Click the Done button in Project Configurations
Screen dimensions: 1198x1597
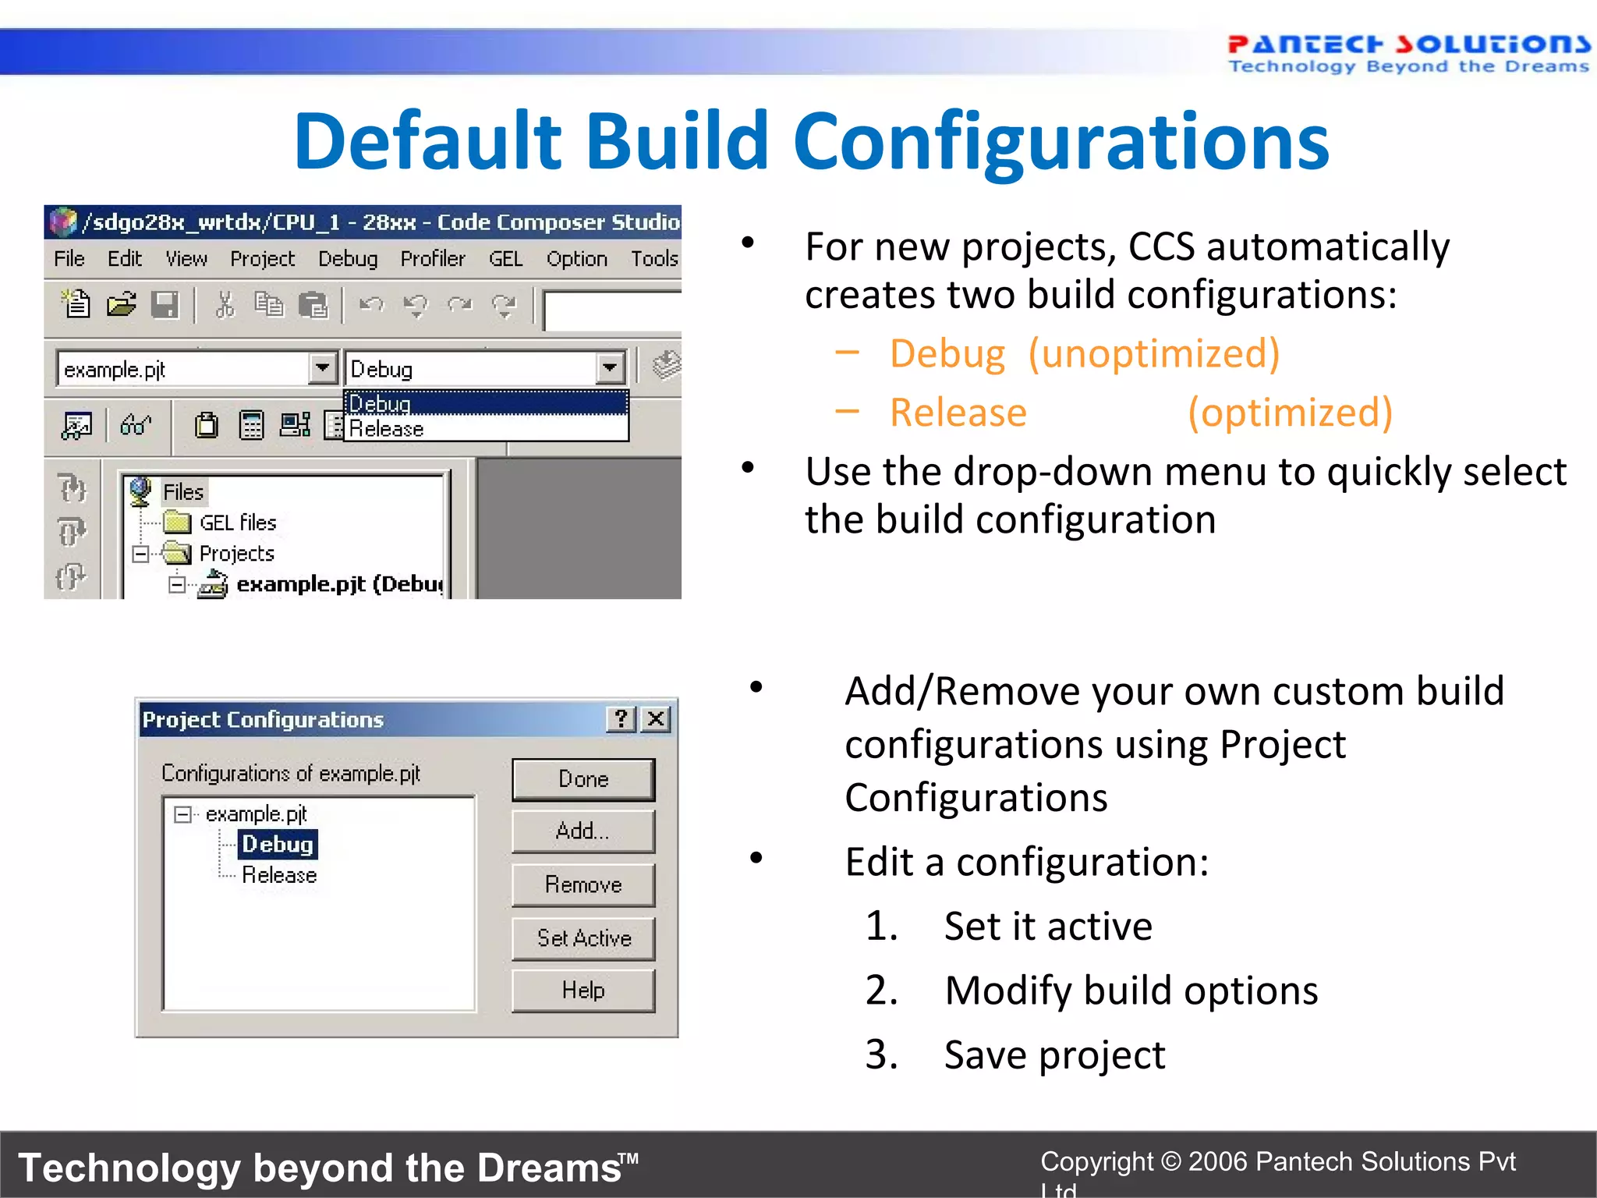(583, 779)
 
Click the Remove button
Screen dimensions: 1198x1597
(583, 884)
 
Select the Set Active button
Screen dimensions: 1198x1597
(583, 937)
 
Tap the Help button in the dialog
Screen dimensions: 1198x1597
(583, 991)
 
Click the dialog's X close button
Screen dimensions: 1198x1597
(657, 718)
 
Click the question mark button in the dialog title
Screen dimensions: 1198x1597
(621, 718)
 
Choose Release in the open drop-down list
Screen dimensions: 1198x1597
(387, 429)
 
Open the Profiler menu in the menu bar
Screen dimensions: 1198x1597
(433, 259)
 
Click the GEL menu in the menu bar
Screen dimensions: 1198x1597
(505, 259)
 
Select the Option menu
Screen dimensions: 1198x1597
(576, 259)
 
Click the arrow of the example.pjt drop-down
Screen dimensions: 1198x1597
(322, 367)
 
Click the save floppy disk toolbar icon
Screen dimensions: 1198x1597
(165, 305)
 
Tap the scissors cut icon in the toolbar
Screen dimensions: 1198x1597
(225, 305)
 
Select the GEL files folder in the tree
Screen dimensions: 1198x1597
(237, 523)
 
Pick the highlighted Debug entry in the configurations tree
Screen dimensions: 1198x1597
(278, 845)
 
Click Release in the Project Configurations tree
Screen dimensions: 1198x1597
(279, 875)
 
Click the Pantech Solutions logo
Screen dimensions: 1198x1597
(1408, 53)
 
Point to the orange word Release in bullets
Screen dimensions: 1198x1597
(958, 413)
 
